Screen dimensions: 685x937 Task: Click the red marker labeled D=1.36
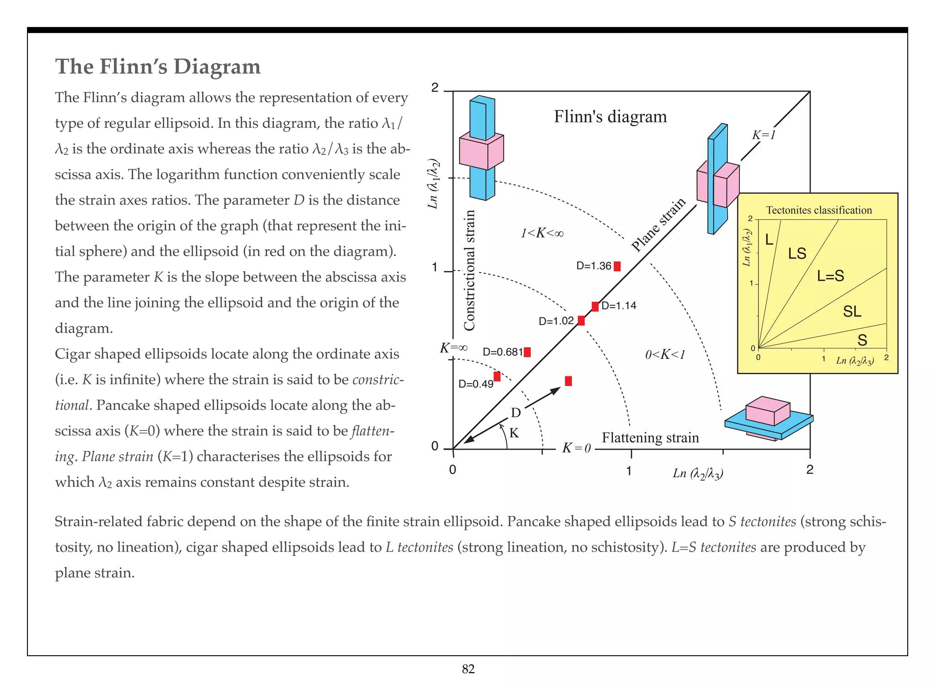617,266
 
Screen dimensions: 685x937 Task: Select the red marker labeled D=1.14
595,306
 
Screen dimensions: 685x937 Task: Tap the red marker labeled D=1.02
581,321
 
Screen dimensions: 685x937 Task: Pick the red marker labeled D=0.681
527,352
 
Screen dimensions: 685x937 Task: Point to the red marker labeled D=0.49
497,376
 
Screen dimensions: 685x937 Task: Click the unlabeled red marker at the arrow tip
568,381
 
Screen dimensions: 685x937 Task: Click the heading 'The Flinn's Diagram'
158,67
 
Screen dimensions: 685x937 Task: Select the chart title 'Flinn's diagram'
610,117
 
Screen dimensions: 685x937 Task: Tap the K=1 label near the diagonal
764,135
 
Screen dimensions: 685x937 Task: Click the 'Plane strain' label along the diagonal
658,225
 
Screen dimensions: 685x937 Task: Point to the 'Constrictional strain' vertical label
469,270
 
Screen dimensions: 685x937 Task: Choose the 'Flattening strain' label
650,438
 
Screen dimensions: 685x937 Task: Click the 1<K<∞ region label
542,234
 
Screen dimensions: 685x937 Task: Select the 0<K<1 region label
665,354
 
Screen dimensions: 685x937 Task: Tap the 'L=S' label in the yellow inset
830,276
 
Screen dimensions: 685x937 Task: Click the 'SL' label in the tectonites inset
852,312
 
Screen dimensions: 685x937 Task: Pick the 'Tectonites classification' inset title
819,210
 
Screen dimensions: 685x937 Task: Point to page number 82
468,669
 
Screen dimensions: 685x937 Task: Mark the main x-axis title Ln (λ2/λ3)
698,473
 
